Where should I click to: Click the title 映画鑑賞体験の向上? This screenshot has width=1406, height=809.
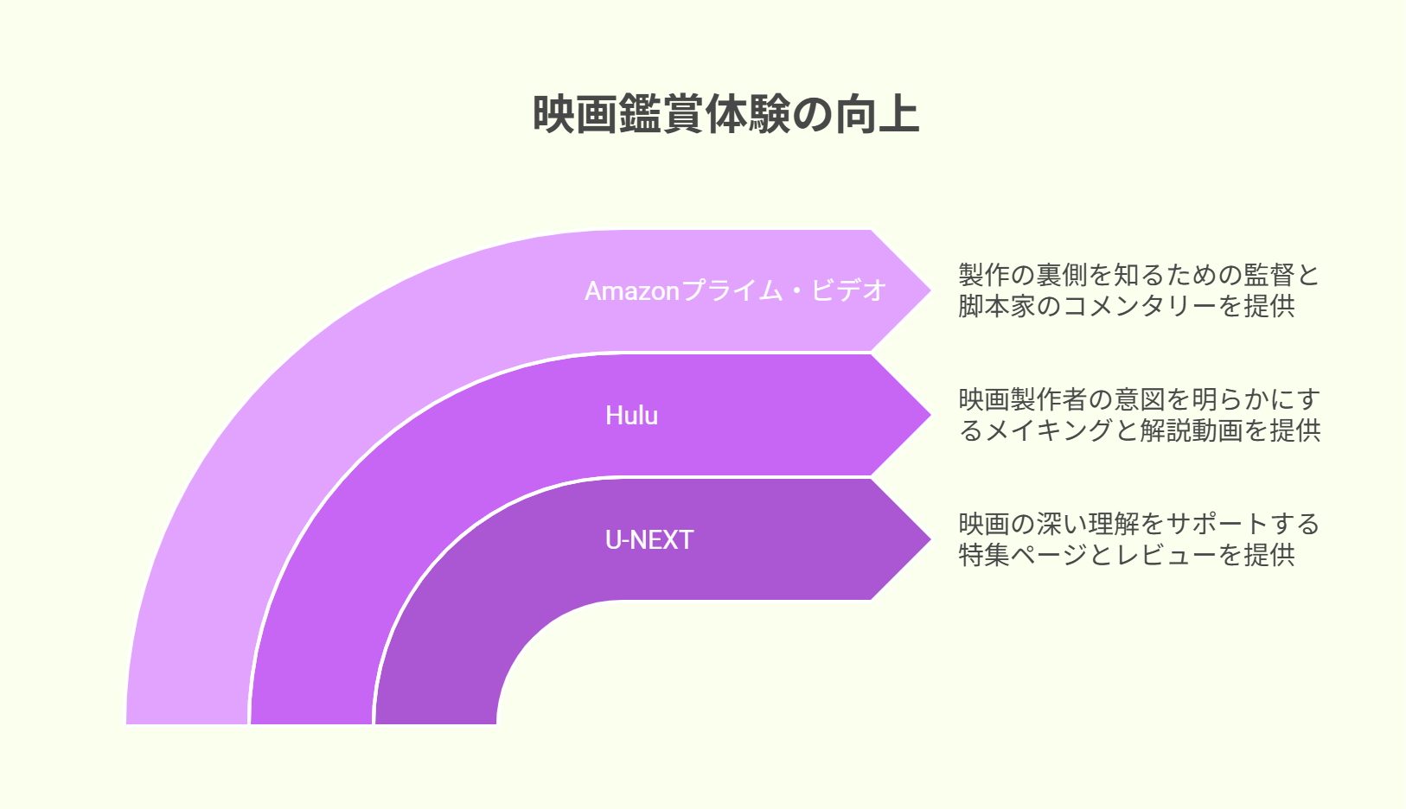(726, 114)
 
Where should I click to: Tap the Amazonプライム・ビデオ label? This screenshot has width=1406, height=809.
(736, 290)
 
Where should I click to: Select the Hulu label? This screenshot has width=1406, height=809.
(631, 416)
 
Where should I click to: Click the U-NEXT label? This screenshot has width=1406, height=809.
(649, 539)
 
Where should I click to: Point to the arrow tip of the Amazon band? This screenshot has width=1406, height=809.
(930, 290)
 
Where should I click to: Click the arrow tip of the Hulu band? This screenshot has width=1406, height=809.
(930, 415)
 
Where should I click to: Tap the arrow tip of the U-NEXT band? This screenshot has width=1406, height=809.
(930, 539)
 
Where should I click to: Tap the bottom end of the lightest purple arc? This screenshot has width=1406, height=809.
(187, 723)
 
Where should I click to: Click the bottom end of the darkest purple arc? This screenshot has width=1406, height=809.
(436, 723)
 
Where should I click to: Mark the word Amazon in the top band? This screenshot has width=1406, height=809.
(632, 291)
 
